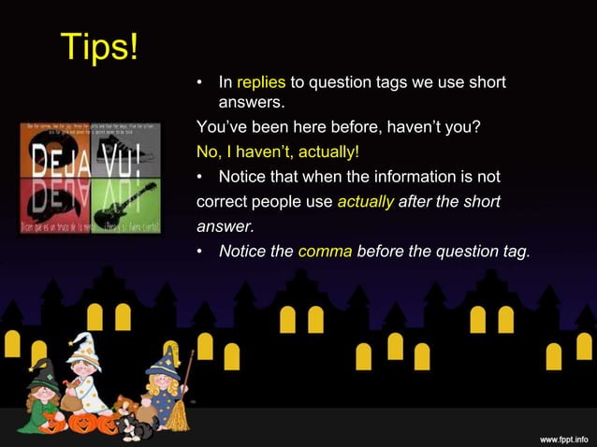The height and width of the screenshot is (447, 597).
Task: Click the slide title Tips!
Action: pos(99,47)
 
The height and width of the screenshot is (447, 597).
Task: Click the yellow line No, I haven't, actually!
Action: pos(278,151)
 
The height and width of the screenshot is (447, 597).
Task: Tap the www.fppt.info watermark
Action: pos(563,438)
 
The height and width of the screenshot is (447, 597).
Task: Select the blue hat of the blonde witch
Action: pos(165,358)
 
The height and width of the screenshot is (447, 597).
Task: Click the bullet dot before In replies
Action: pos(199,84)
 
